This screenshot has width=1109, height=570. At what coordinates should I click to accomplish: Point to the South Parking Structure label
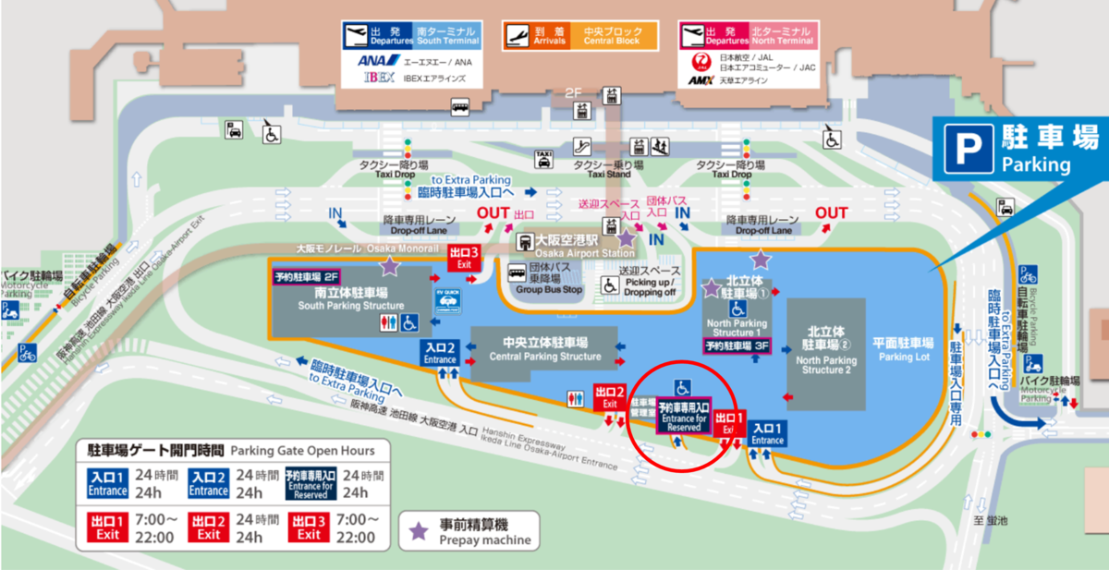click(352, 298)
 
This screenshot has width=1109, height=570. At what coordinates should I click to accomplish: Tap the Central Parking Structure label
click(544, 350)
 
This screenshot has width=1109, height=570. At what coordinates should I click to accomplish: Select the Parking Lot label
click(904, 350)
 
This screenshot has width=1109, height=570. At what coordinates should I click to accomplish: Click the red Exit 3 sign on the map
click(463, 257)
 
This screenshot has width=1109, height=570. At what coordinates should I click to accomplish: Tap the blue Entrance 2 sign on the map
click(440, 353)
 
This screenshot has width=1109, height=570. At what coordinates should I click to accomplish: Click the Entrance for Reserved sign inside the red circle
click(684, 418)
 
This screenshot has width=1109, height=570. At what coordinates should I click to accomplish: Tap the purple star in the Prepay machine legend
click(419, 530)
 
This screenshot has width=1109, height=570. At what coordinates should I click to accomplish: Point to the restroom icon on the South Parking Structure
click(388, 322)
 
